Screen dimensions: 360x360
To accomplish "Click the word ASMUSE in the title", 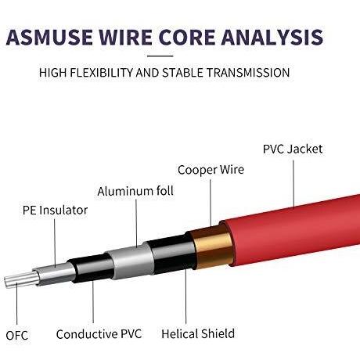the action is (49, 38).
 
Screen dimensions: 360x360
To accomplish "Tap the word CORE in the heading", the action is (187, 38).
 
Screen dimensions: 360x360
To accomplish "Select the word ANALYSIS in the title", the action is (272, 38).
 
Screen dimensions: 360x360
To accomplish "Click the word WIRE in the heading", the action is (125, 38).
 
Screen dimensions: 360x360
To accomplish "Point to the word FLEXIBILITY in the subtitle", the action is (102, 73).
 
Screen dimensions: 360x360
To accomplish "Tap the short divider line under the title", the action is (160, 56).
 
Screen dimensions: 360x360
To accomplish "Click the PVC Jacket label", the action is (293, 149).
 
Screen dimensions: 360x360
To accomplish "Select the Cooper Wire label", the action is (211, 170).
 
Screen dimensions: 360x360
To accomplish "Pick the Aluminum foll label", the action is (135, 191).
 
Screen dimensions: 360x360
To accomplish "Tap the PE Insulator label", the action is (55, 211).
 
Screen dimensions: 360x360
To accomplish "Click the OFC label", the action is (16, 336).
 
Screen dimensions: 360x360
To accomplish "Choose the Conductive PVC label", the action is (99, 334).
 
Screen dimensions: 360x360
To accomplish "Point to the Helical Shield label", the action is (198, 334).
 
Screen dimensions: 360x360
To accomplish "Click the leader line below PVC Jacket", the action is (293, 184).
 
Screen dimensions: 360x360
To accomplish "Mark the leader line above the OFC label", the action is (17, 304).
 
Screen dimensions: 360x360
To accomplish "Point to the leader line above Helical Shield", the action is (186, 297).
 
